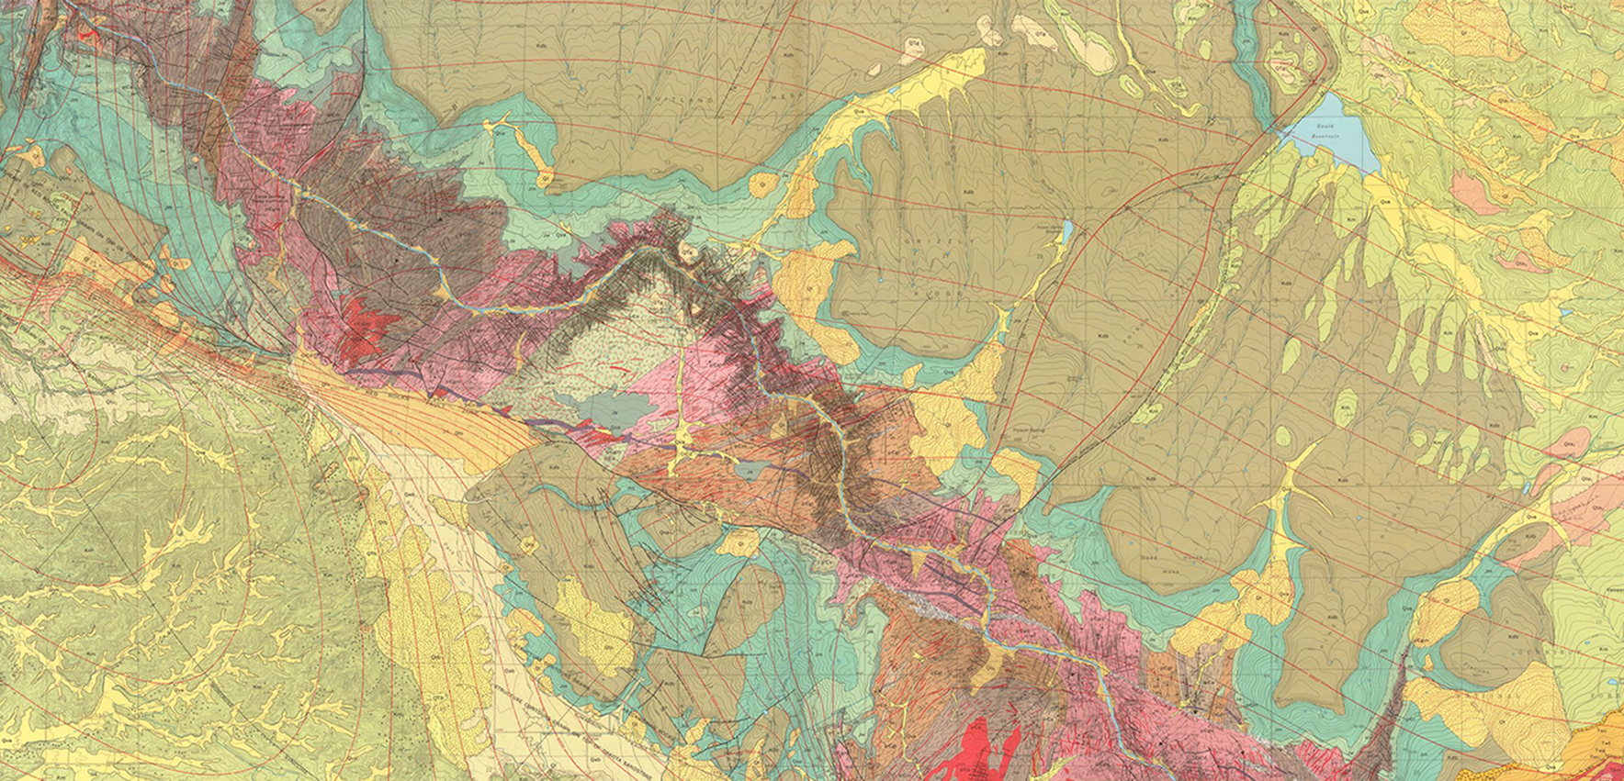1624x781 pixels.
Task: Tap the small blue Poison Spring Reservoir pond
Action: (1067, 229)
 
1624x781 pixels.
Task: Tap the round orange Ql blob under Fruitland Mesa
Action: (763, 184)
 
